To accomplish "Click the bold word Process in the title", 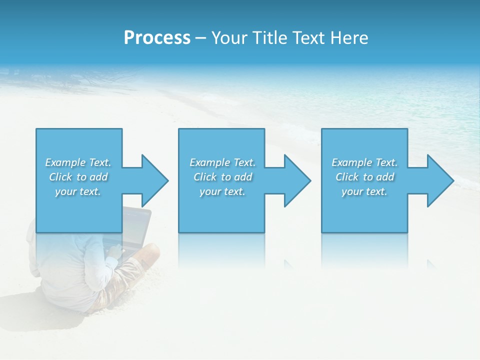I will [x=157, y=38].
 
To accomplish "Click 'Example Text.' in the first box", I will [x=78, y=162].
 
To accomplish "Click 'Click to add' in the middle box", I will [x=222, y=177].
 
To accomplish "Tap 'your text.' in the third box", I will [x=364, y=191].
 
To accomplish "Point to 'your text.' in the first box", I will [x=78, y=191].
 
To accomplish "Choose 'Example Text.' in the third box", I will [x=364, y=162].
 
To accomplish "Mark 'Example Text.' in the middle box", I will [x=222, y=162].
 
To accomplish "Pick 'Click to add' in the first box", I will [x=78, y=177].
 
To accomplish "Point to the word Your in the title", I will [x=228, y=38].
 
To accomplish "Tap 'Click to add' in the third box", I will [x=364, y=177].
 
